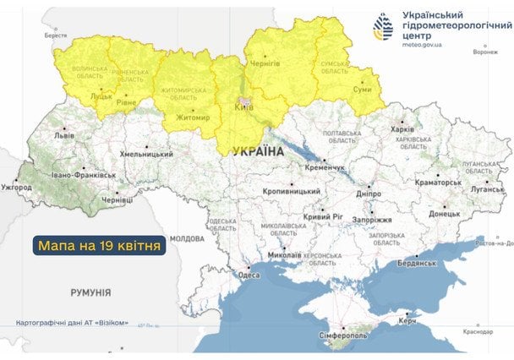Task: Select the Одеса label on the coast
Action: (249, 275)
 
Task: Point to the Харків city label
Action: (402, 130)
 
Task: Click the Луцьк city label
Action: (101, 96)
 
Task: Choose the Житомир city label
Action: (193, 119)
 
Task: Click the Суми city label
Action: (363, 87)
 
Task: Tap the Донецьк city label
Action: (444, 214)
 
